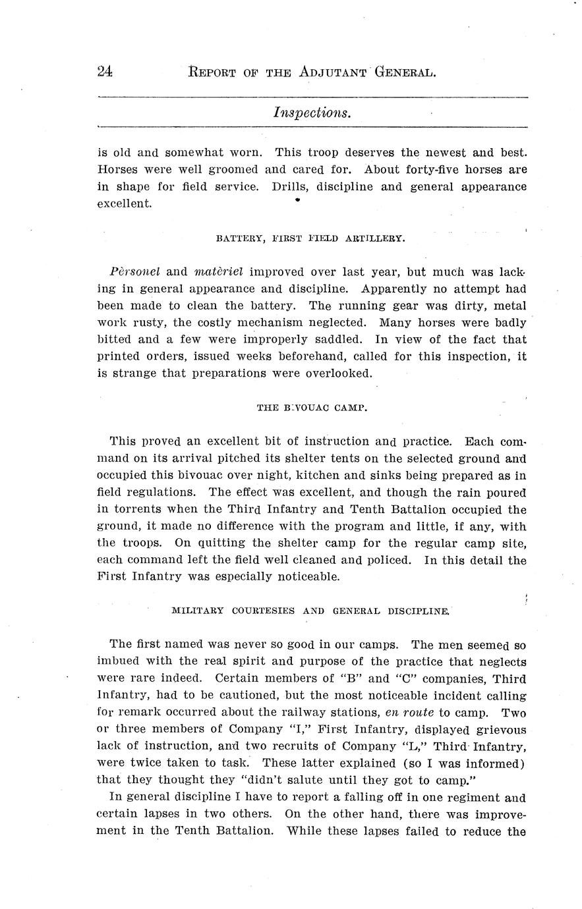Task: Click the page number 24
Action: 104,72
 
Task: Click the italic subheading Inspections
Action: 312,113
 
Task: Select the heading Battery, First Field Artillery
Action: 310,238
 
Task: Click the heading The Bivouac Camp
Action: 312,407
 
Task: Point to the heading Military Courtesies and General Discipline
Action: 310,611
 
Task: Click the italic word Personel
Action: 135,271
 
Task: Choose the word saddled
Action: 337,340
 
